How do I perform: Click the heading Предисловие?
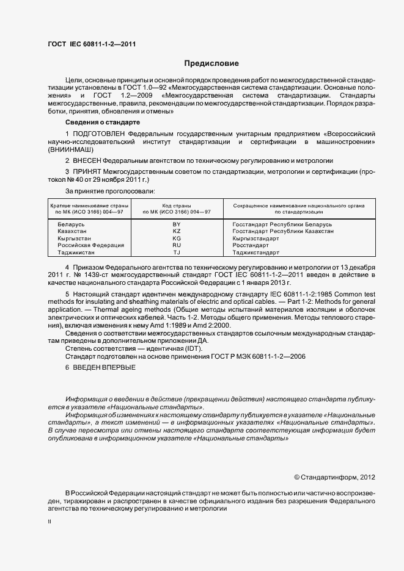tap(211, 63)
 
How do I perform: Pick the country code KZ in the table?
tap(177, 232)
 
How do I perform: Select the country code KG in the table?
tap(177, 239)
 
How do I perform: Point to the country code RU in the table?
tap(177, 245)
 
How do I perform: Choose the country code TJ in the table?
tap(177, 252)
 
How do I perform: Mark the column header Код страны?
tap(177, 206)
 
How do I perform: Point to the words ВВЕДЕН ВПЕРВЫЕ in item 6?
tap(104, 367)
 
